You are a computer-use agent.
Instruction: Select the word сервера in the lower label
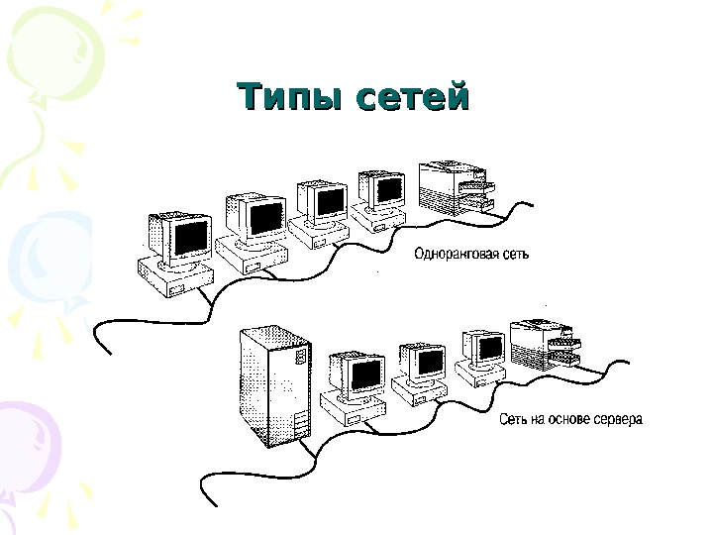click(x=618, y=419)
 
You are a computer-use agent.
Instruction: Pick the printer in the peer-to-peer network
click(x=454, y=187)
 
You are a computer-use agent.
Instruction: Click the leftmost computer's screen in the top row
click(x=190, y=237)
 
